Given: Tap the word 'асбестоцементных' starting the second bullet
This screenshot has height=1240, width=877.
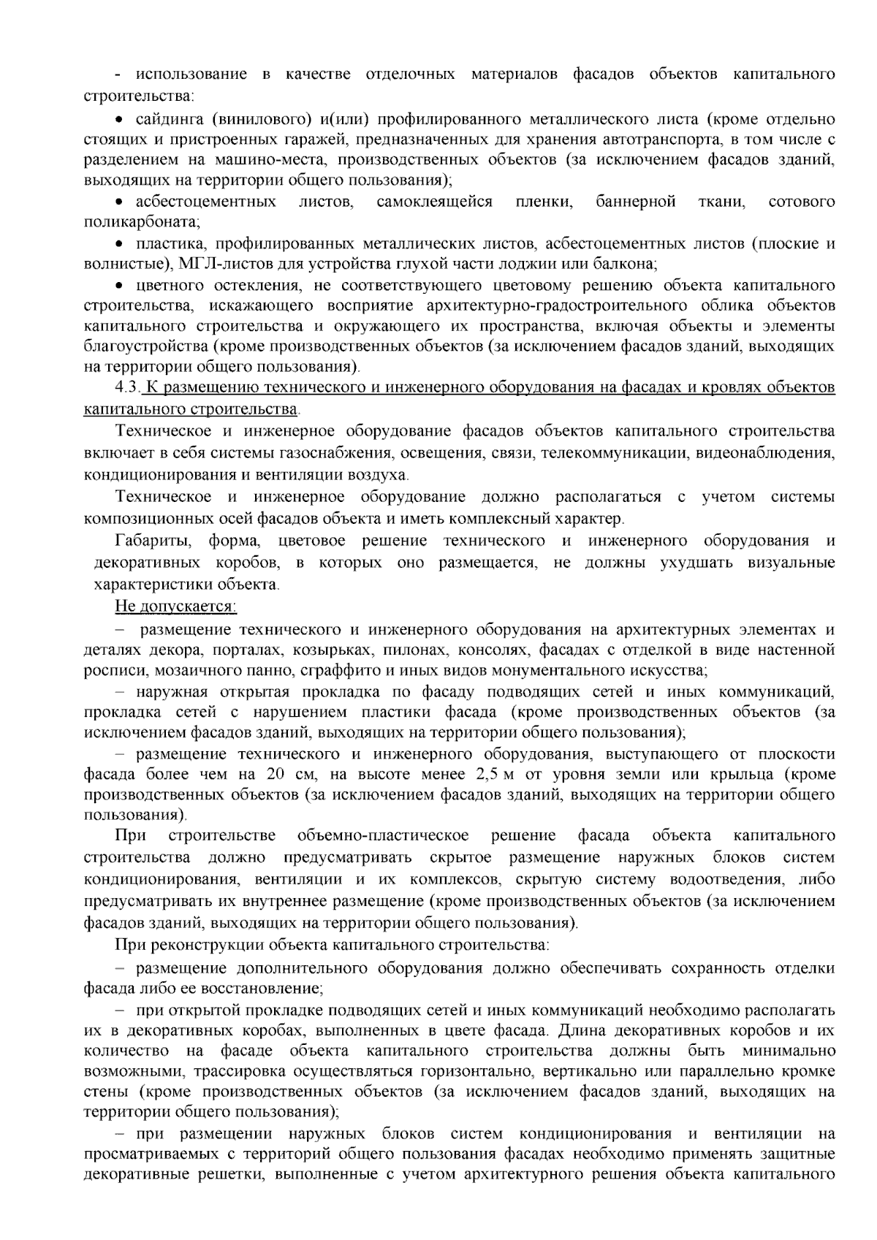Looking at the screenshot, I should pos(206,202).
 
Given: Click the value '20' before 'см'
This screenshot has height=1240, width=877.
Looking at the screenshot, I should pos(275,774).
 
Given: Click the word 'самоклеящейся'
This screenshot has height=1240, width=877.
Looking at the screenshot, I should pos(434,202).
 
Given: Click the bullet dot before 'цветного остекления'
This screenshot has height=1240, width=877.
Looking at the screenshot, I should pos(120,285).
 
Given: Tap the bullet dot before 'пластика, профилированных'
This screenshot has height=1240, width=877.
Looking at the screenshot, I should pos(120,243).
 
